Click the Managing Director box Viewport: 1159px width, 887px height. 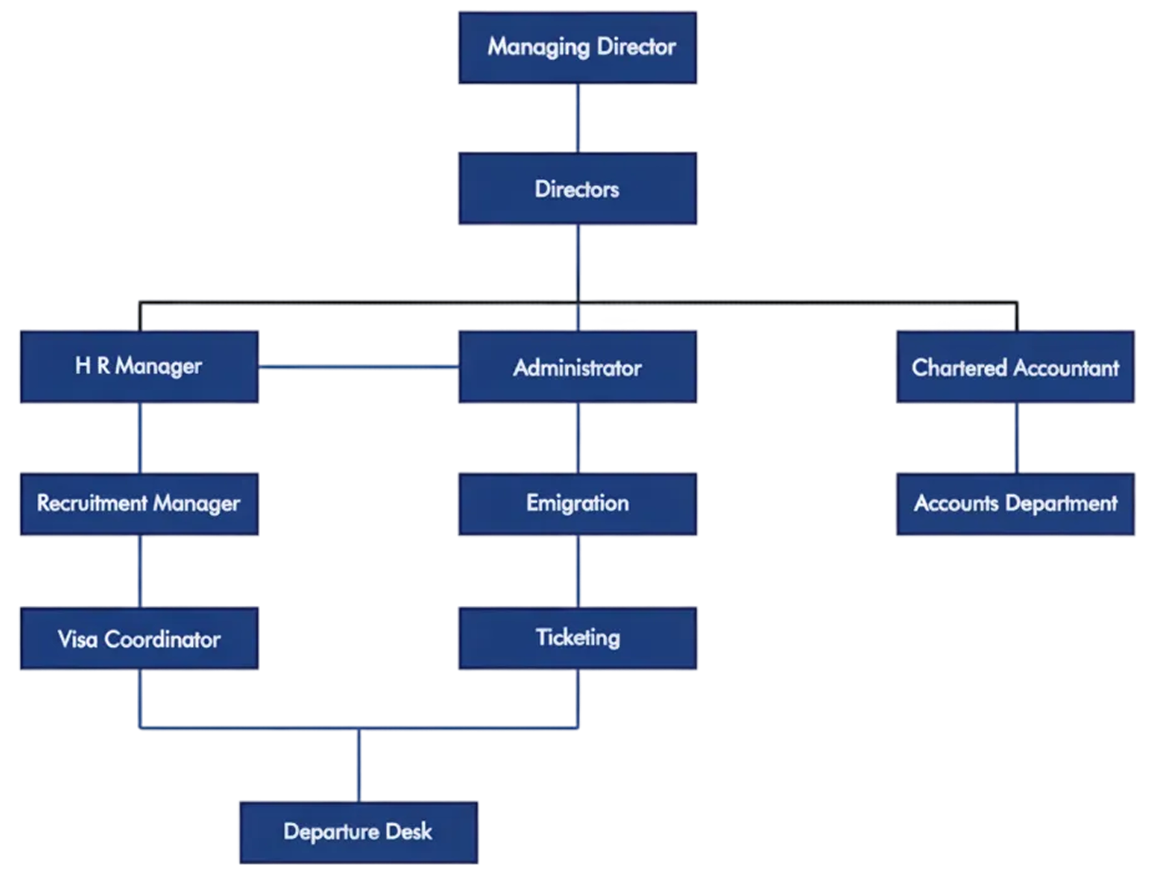pos(577,48)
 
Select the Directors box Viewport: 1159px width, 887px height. pos(577,189)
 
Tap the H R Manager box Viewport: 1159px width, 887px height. pos(140,367)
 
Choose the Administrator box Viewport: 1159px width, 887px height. pos(577,367)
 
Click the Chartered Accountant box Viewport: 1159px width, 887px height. pos(1015,367)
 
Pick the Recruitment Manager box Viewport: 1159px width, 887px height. pos(140,504)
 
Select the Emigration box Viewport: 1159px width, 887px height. pos(577,504)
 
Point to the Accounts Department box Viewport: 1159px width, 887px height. pos(1015,504)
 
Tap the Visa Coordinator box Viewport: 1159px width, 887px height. pos(140,639)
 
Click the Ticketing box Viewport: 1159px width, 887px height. pos(577,638)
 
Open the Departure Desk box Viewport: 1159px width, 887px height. pos(359,832)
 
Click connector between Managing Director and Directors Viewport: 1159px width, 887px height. pos(578,118)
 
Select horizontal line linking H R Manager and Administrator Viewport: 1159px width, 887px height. pos(359,367)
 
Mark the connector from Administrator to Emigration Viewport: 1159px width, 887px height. pos(578,438)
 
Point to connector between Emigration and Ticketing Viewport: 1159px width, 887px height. pos(578,572)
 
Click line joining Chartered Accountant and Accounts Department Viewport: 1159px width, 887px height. pos(1017,438)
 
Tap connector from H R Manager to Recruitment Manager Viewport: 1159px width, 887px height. pos(140,438)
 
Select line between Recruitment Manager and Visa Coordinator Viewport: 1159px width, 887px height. pos(140,572)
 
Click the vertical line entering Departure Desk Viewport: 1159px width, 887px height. pos(359,765)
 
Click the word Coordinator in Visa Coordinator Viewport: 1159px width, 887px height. pos(162,639)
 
